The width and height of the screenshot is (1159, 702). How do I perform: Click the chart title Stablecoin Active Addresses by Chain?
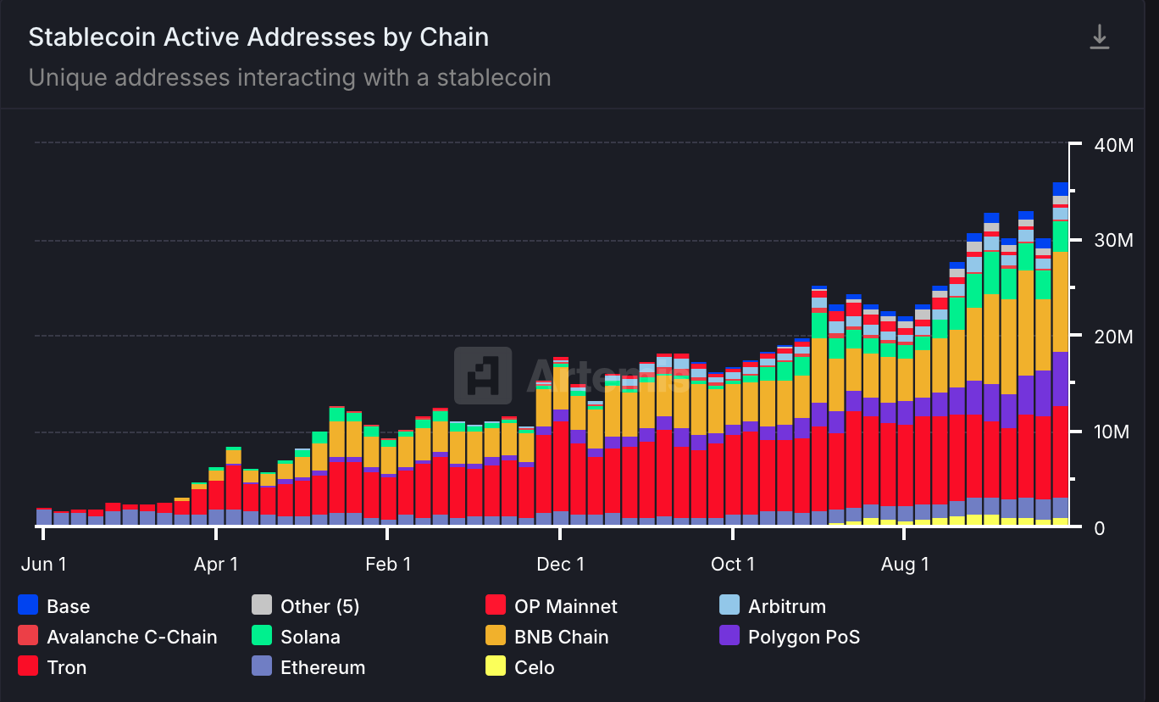pyautogui.click(x=258, y=38)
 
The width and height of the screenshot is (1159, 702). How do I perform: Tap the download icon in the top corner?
pyautogui.click(x=1099, y=37)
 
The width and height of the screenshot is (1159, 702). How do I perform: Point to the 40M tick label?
pyautogui.click(x=1112, y=145)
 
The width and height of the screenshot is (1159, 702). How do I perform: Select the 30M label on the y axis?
pyautogui.click(x=1112, y=241)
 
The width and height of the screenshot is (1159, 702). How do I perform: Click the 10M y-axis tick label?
pyautogui.click(x=1112, y=432)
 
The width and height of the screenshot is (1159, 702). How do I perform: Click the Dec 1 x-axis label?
pyautogui.click(x=560, y=565)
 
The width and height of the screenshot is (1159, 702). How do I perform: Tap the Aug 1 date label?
pyautogui.click(x=904, y=565)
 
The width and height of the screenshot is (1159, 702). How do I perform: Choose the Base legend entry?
pyautogui.click(x=68, y=606)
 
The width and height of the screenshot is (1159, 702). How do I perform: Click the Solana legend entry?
pyautogui.click(x=310, y=637)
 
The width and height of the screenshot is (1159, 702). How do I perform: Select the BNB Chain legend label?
pyautogui.click(x=561, y=637)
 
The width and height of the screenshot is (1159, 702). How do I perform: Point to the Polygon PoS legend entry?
pyautogui.click(x=803, y=637)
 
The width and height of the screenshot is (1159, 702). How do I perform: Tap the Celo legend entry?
pyautogui.click(x=534, y=667)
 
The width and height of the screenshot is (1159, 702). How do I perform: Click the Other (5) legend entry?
pyautogui.click(x=319, y=606)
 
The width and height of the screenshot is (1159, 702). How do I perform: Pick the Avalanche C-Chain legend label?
pyautogui.click(x=131, y=637)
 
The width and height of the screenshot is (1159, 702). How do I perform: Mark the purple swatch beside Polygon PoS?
pyautogui.click(x=729, y=636)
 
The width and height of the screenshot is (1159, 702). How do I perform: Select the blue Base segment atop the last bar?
pyautogui.click(x=1060, y=189)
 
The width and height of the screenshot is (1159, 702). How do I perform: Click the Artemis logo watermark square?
pyautogui.click(x=483, y=375)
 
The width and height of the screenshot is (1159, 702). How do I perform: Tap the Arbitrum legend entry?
pyautogui.click(x=786, y=606)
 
